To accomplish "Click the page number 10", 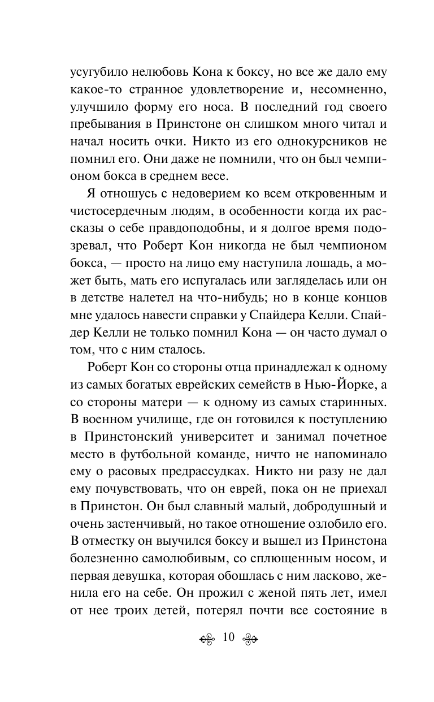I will [x=228, y=638].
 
